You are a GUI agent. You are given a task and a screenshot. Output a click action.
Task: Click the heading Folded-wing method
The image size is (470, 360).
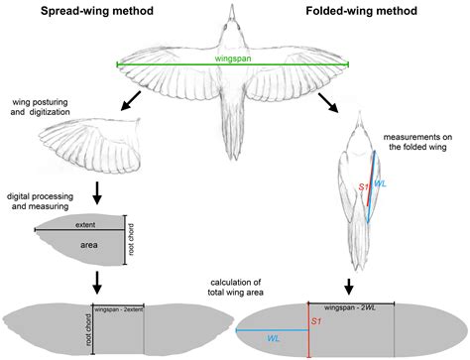[x=362, y=14]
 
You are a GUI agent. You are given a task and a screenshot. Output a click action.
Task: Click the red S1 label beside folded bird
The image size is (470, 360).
[x=363, y=185]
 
